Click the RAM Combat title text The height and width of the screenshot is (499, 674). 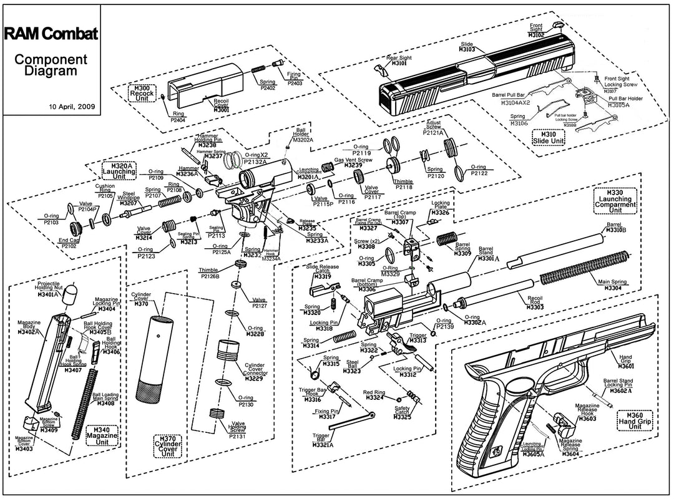click(51, 34)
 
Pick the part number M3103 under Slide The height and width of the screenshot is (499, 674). click(467, 49)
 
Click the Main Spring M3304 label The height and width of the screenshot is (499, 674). click(612, 285)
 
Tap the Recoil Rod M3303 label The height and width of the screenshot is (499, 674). click(534, 304)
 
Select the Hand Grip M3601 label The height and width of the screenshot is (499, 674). click(626, 363)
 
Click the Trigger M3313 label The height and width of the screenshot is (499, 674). click(418, 338)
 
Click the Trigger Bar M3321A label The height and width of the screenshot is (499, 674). click(323, 440)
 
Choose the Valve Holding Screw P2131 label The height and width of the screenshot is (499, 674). click(238, 430)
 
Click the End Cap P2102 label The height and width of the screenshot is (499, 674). click(68, 243)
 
